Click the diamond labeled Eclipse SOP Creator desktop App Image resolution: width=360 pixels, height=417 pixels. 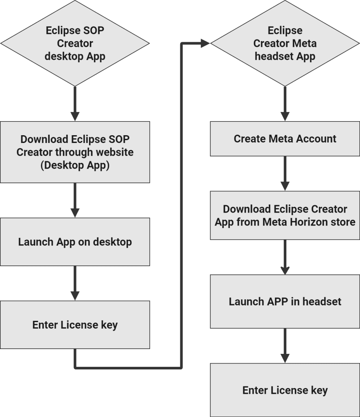75,43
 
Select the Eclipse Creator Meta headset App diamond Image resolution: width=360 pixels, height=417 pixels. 285,43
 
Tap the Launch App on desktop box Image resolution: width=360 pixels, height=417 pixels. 75,242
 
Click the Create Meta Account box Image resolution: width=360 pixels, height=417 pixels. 285,139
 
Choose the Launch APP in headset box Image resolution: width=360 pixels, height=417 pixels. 285,301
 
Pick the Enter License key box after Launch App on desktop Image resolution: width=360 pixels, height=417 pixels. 75,325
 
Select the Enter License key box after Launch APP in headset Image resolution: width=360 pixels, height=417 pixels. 285,390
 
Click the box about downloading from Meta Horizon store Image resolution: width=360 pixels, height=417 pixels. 285,215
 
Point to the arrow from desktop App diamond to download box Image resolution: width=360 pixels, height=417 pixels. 75,103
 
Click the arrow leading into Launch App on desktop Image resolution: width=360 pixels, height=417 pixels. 75,200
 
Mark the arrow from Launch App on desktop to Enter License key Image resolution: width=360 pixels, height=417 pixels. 75,283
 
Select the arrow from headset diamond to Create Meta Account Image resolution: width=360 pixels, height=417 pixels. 285,103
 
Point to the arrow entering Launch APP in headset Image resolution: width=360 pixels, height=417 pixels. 285,257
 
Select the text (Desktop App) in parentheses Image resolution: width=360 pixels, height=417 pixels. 75,166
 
